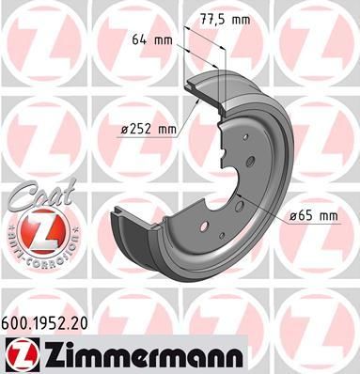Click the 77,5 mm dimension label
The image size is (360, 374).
click(x=225, y=20)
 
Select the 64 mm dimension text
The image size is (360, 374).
click(x=152, y=40)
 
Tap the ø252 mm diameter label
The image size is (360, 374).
click(x=149, y=129)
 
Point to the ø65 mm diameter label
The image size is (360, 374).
click(x=314, y=216)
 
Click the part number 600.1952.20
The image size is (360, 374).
click(x=45, y=323)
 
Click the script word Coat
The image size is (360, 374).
click(x=40, y=195)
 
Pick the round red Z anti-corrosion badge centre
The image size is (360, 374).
click(x=43, y=232)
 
